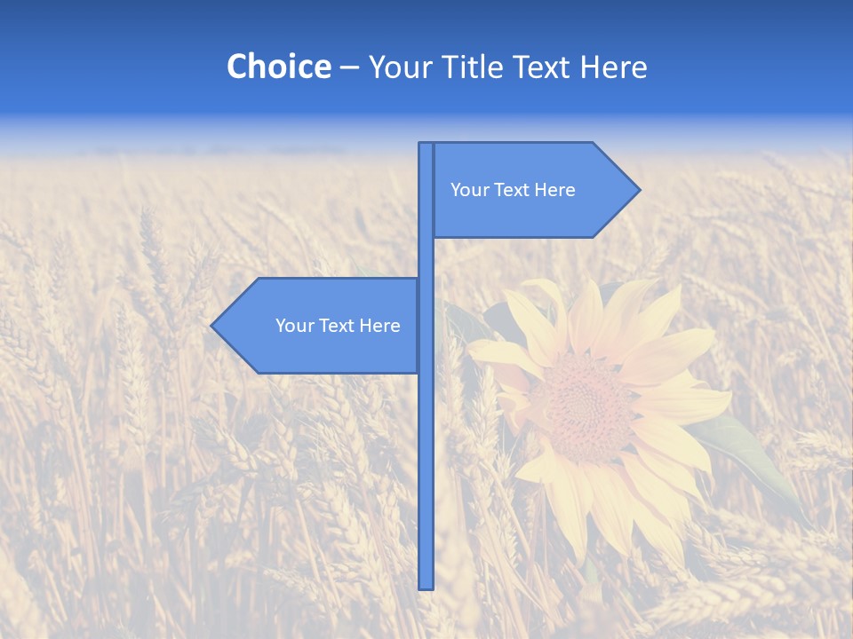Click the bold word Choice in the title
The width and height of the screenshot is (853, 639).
coord(278,67)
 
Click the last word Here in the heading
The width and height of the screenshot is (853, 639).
coord(613,67)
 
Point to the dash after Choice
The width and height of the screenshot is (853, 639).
coord(349,67)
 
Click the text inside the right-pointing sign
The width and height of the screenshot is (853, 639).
coord(513,190)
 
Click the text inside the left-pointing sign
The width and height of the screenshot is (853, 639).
coord(338,326)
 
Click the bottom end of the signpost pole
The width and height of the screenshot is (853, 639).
coord(426,586)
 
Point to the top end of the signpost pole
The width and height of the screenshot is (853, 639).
coord(426,145)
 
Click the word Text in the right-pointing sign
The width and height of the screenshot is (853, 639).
coord(513,190)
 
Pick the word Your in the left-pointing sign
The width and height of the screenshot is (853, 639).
coord(293,326)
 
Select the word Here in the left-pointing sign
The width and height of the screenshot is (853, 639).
coord(380,326)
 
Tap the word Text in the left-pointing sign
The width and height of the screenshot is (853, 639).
coord(338,326)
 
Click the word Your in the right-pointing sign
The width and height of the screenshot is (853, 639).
coord(468,190)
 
